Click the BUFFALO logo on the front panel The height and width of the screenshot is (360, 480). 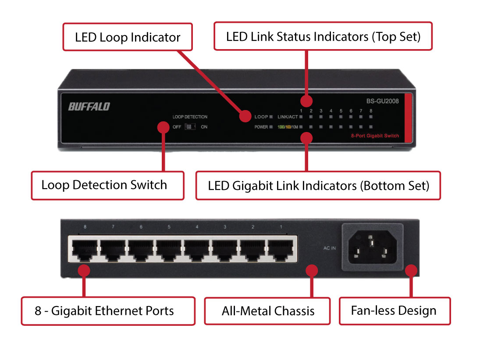tap(89, 107)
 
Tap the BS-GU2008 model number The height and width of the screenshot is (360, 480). tap(383, 101)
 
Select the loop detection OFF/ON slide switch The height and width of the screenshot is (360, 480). tap(190, 127)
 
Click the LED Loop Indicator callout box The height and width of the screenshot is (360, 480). tap(128, 37)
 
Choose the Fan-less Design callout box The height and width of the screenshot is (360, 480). tap(395, 311)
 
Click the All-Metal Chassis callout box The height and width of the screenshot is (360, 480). tap(267, 311)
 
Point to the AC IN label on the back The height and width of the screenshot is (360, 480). tap(329, 248)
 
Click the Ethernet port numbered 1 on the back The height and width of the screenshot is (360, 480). tap(281, 250)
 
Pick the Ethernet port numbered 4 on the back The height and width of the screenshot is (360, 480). tap(197, 250)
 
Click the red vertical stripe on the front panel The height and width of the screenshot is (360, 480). tap(408, 118)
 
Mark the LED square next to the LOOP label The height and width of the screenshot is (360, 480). tap(271, 117)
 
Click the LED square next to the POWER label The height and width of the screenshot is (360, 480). tap(271, 127)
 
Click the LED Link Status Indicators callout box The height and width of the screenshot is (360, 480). tap(323, 36)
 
